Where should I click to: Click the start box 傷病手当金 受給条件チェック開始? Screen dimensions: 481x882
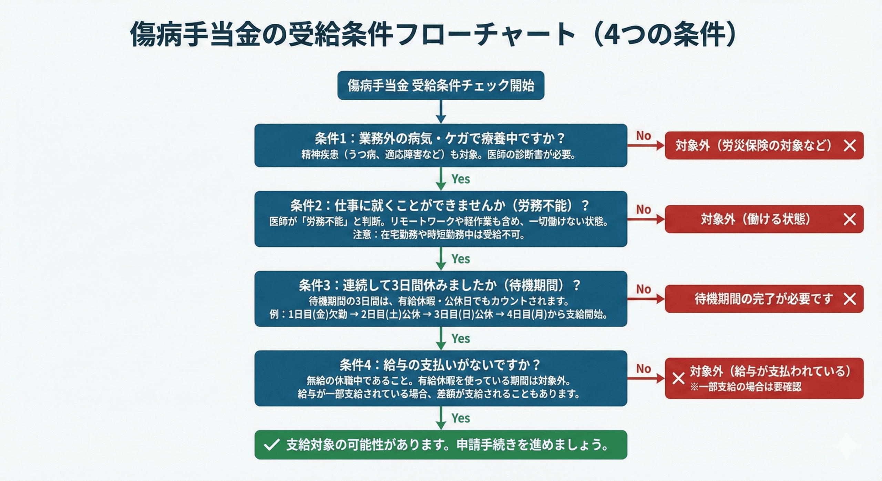pos(441,85)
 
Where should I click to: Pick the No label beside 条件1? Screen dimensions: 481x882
pos(643,136)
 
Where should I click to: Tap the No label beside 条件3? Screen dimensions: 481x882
pos(643,289)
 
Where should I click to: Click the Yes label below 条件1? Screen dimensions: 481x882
pos(461,179)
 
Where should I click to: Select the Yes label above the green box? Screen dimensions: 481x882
pos(461,418)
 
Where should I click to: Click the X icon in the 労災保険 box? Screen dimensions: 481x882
pos(850,146)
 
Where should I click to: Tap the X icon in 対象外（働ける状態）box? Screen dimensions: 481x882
pos(850,219)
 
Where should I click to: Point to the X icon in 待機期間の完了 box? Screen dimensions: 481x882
pos(850,299)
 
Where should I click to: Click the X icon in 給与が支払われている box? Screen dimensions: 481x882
pos(678,378)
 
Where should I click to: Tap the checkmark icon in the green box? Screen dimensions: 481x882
pos(271,445)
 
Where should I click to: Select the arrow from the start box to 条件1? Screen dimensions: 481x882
pos(441,112)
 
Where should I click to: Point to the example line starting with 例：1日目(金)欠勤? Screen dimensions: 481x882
pos(438,314)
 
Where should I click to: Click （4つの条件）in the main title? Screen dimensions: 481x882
pos(665,34)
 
